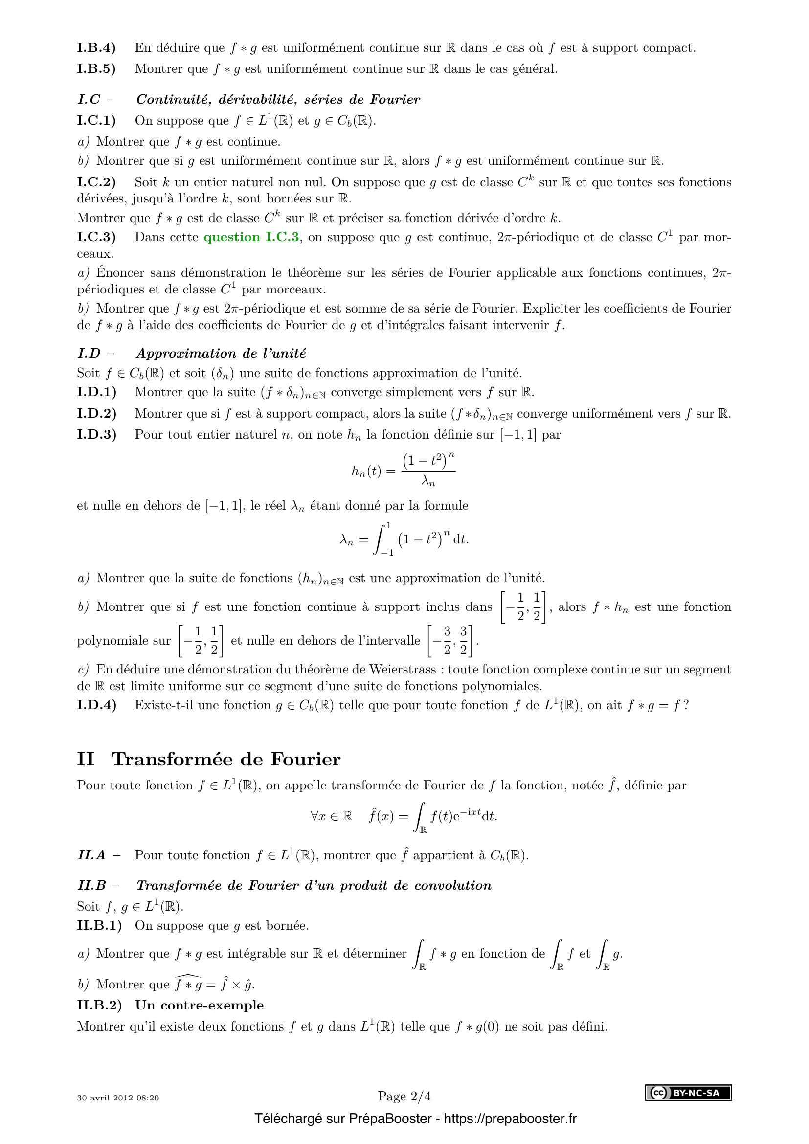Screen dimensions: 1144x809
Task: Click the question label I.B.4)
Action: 96,48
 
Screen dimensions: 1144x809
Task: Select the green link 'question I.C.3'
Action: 251,237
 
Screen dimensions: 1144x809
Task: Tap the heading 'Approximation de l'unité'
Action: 221,353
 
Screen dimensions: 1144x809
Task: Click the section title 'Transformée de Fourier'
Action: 226,760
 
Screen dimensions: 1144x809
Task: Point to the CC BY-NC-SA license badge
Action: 688,1093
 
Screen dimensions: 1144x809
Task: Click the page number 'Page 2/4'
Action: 404,1096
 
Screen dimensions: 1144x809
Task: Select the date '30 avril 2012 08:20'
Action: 118,1098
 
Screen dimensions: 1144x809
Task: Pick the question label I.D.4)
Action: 97,705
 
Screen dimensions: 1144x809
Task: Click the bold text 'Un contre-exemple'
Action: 199,1005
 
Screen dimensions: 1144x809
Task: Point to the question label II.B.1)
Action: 99,925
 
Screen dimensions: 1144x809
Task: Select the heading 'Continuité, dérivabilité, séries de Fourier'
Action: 278,100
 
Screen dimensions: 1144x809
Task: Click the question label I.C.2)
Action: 96,182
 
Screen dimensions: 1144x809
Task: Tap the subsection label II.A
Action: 91,855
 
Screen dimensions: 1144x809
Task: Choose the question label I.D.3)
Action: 97,434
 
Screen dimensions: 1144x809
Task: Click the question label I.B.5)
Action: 96,69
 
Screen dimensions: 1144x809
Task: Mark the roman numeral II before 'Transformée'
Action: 86,760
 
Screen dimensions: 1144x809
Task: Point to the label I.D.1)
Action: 97,392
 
